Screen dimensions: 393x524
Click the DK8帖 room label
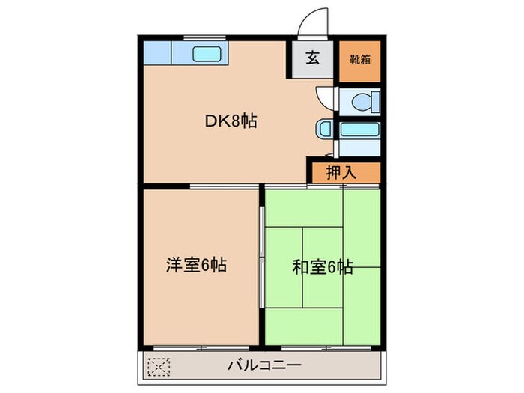point(231,120)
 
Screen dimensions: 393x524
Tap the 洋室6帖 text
point(196,264)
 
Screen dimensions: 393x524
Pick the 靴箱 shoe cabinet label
point(358,57)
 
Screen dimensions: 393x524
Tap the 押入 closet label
point(341,171)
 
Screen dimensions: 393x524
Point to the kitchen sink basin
point(206,53)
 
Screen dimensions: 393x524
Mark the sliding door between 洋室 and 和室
point(261,255)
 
